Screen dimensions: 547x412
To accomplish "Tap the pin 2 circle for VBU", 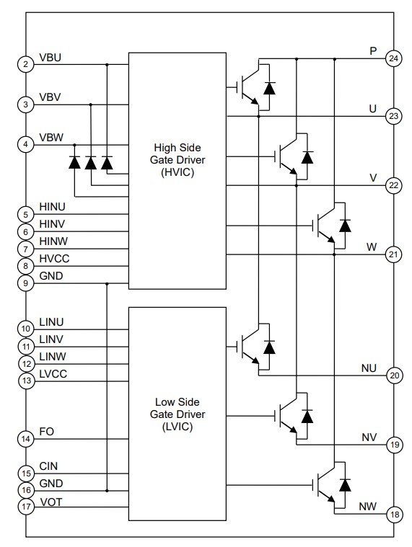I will (26, 65).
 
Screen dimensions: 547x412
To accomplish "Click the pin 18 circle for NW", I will (393, 515).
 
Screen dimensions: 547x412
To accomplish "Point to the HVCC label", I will (55, 259).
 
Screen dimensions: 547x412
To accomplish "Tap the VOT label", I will (51, 502).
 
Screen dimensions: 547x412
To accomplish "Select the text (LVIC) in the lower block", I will (177, 427).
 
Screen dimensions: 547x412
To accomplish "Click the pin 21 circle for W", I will (393, 254).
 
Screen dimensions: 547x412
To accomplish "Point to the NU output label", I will (369, 368).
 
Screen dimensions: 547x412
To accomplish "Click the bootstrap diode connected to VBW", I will (74, 163).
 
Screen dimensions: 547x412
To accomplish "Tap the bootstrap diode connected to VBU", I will (107, 163).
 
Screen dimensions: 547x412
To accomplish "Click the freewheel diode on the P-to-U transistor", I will (269, 88).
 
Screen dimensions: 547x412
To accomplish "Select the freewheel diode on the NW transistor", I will (344, 483).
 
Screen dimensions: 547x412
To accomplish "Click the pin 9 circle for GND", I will (26, 283).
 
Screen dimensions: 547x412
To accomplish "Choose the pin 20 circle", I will (393, 375).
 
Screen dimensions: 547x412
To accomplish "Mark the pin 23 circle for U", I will (393, 116).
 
